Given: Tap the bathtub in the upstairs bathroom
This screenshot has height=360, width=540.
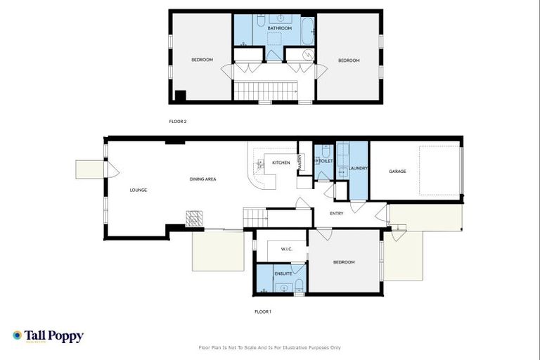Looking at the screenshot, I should (308, 31).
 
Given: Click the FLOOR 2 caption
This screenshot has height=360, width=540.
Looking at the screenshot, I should (178, 122).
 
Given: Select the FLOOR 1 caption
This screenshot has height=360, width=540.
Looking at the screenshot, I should (262, 311).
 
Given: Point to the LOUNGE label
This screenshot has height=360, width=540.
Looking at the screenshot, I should (138, 190).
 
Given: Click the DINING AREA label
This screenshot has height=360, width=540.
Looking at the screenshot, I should (202, 179).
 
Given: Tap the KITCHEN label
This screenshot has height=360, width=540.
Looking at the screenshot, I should (281, 163).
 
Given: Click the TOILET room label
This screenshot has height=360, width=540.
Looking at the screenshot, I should (326, 161).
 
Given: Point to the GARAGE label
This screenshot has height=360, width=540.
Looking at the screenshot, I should (398, 172).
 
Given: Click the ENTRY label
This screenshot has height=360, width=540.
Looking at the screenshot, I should (337, 214).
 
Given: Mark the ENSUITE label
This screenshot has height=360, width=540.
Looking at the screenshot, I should (283, 273).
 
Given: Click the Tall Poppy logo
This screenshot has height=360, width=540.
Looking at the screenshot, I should (48, 336).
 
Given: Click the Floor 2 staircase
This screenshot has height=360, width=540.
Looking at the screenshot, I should (266, 91).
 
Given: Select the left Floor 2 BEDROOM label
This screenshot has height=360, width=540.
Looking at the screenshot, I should (202, 60).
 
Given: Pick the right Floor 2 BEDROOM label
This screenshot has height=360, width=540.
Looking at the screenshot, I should (349, 60).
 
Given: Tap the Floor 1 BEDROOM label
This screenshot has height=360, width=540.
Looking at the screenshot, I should (344, 262).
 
